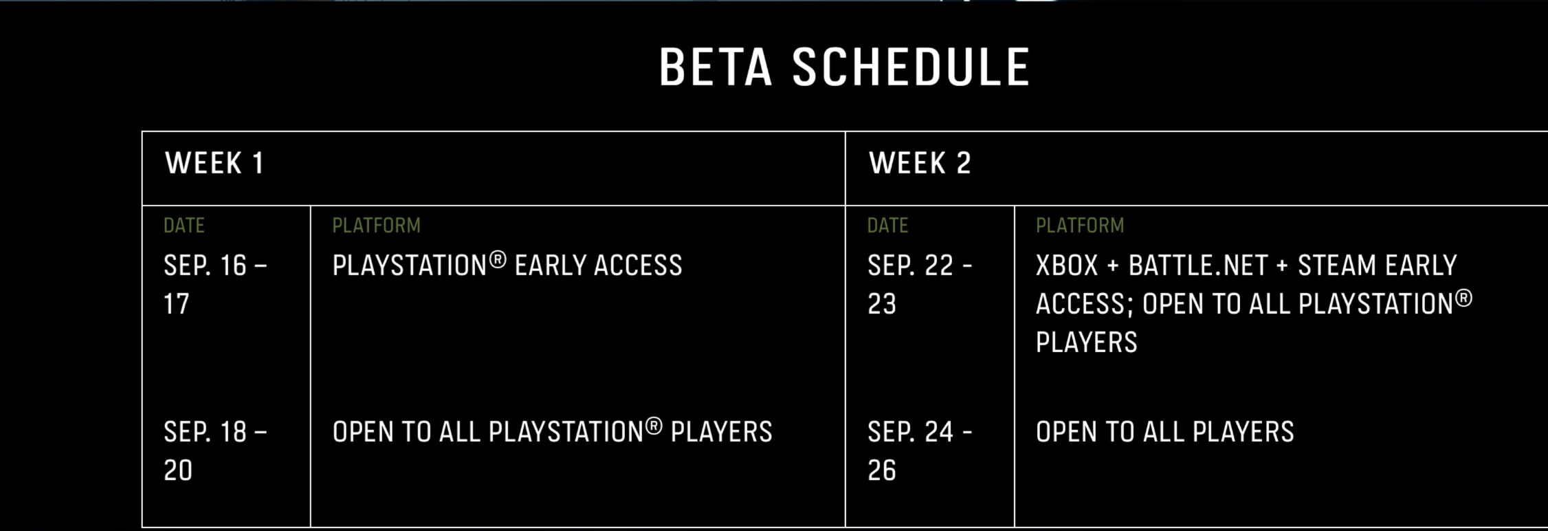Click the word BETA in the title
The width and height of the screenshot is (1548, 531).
click(716, 67)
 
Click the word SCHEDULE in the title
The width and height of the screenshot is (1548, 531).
click(911, 67)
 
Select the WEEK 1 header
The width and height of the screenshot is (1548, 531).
click(214, 164)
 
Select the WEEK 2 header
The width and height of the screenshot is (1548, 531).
click(919, 164)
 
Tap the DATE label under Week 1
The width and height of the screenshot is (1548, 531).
click(184, 226)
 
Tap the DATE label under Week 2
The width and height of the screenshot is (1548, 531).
click(887, 226)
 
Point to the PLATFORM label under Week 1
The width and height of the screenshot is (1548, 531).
click(376, 226)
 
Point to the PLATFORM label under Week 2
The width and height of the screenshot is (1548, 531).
click(1080, 226)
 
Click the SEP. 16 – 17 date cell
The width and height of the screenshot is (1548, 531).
click(215, 285)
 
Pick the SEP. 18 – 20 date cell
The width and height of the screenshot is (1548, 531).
click(215, 451)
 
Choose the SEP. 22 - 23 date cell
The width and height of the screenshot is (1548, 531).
click(920, 285)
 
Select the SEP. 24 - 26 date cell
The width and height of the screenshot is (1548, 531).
click(920, 451)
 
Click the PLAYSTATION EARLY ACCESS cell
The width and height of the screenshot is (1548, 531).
click(507, 265)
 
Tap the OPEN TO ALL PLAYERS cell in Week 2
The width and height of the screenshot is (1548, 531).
click(1165, 432)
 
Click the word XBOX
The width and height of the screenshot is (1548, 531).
click(1067, 265)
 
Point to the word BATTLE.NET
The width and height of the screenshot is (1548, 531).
click(1198, 265)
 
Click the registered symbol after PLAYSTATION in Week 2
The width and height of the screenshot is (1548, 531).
click(1464, 299)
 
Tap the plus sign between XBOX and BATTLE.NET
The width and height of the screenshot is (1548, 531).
click(1114, 266)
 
